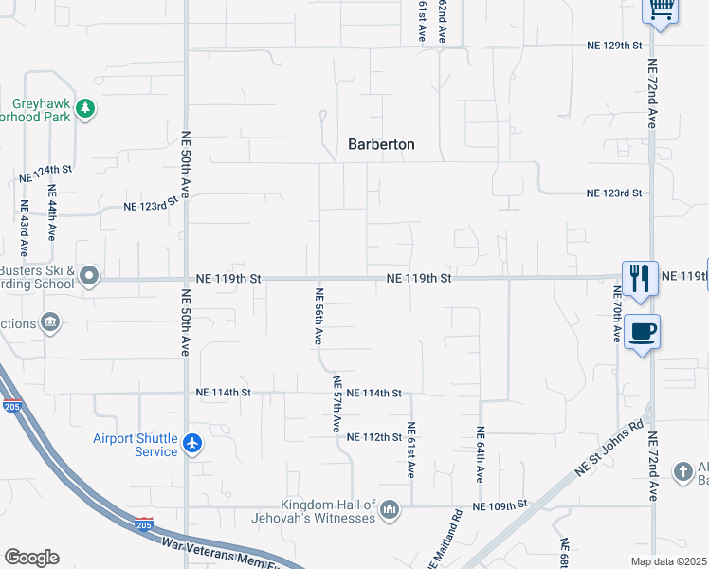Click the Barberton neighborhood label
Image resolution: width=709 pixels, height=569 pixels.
coord(380,144)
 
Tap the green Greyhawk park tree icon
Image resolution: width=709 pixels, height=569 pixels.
coord(86,109)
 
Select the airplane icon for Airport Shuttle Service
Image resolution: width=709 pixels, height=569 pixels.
coord(192,444)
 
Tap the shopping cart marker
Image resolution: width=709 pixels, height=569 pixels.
coord(661,9)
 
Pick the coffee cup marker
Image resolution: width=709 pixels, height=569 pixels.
coord(643,332)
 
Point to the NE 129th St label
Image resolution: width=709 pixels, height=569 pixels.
coord(614,45)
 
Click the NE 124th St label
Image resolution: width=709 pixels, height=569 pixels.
coord(45,174)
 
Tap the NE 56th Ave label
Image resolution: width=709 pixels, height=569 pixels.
coord(319,317)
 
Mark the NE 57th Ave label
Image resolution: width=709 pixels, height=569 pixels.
coord(336,404)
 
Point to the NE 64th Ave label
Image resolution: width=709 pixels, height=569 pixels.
coord(481,452)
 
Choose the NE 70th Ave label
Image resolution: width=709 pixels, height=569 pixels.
coord(616,310)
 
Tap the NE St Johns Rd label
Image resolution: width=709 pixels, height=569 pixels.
coord(609,449)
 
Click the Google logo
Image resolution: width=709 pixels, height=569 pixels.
coord(31,557)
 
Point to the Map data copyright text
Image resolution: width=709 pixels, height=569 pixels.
coord(669,561)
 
